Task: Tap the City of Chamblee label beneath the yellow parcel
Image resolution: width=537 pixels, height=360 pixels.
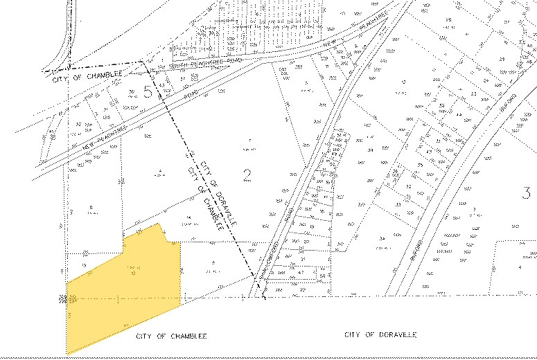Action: tap(167, 335)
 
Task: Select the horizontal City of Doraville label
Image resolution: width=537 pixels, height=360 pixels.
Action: tap(380, 334)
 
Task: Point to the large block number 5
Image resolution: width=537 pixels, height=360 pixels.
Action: tap(148, 93)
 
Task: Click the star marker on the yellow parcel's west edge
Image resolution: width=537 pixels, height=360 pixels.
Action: tap(64, 299)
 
